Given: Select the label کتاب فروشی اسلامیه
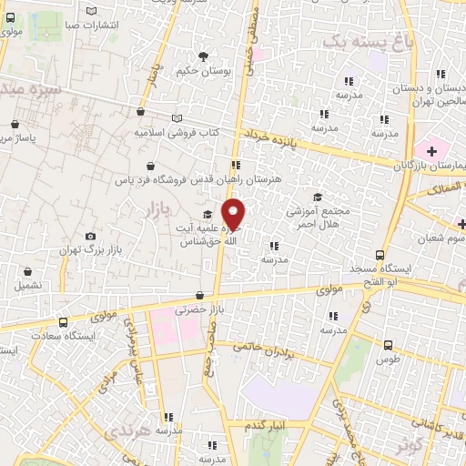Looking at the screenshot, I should [x=177, y=132].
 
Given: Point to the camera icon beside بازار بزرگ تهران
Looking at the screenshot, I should [x=90, y=237].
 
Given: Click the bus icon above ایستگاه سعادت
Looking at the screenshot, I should [x=63, y=322].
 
